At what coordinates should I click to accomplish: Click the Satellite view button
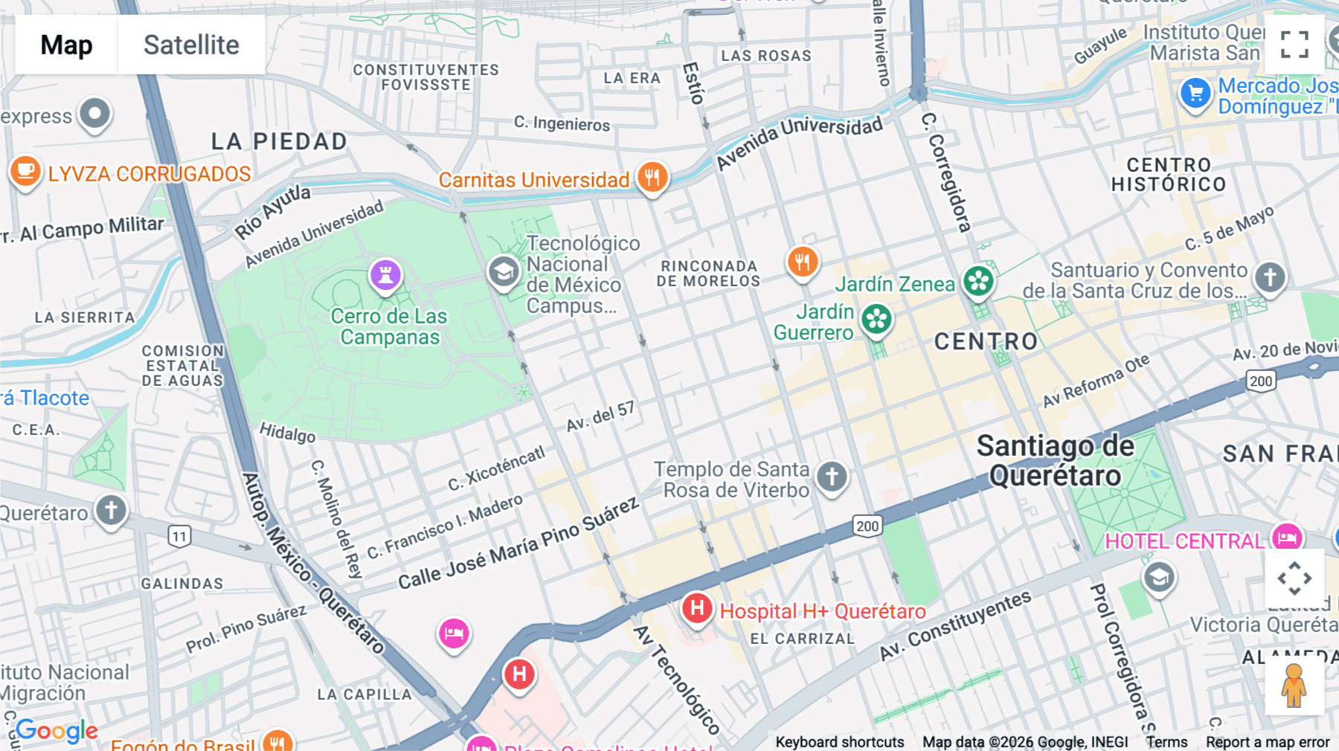click(x=191, y=45)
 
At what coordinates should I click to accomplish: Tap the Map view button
click(x=66, y=45)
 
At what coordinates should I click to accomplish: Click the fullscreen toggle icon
click(x=1294, y=45)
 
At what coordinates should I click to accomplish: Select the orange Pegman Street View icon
click(x=1294, y=686)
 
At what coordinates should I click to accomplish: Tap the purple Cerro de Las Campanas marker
click(x=385, y=275)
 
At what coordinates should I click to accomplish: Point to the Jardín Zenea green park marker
click(x=978, y=282)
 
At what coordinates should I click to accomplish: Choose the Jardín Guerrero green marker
click(x=876, y=320)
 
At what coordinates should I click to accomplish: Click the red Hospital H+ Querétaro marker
click(x=697, y=609)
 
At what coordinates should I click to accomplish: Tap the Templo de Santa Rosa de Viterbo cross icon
click(x=832, y=476)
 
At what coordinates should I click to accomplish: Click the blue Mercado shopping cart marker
click(x=1195, y=94)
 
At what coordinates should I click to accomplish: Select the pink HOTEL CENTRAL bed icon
click(x=1287, y=538)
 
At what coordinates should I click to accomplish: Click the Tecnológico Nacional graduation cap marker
click(x=504, y=272)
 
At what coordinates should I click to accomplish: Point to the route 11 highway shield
click(x=179, y=536)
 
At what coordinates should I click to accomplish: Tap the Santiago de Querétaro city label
click(x=1055, y=461)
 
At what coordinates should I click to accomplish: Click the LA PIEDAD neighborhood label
click(x=279, y=141)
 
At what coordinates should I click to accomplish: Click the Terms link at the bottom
click(x=1166, y=742)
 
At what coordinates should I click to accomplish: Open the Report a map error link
click(x=1268, y=742)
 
